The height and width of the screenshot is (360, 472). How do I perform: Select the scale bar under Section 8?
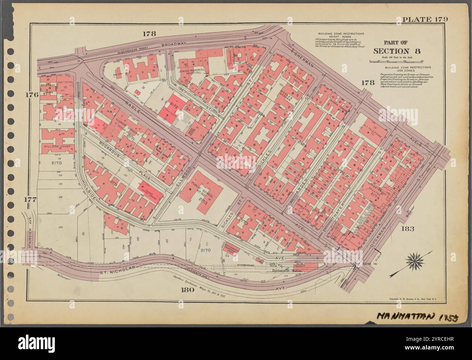(395, 62)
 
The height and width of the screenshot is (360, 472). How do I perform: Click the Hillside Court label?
(57, 146)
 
